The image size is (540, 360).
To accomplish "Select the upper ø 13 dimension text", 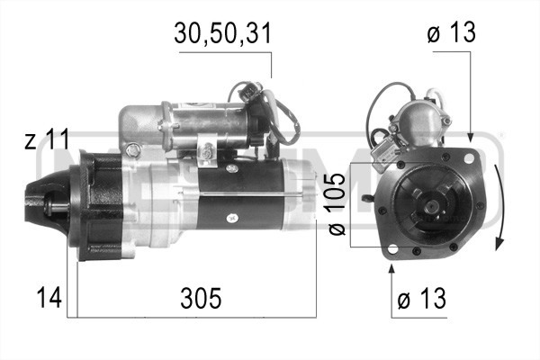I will [x=451, y=33].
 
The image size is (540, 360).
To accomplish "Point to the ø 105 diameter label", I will [x=335, y=205].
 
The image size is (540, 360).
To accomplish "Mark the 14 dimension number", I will [x=50, y=297].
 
